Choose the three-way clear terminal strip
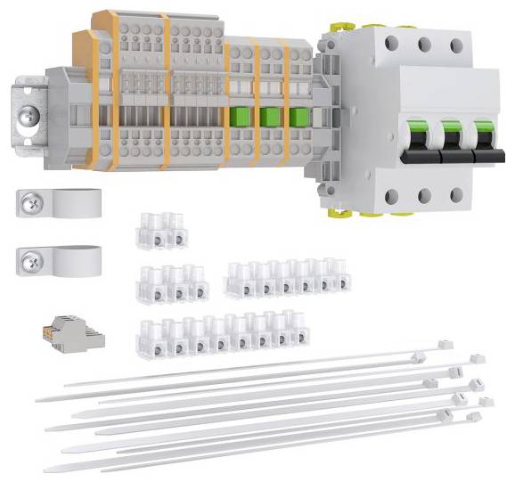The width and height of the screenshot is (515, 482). point(173,283)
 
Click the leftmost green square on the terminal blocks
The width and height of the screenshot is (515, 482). point(239,118)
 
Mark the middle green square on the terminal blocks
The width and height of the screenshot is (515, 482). point(269,118)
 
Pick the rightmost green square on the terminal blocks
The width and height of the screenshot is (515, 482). point(297,118)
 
